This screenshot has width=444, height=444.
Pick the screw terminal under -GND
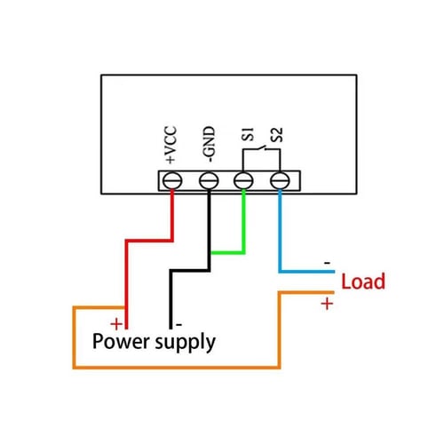(x=209, y=180)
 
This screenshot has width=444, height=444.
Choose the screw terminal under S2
(x=281, y=180)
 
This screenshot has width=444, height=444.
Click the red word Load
(x=363, y=282)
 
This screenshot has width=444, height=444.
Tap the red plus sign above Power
(x=115, y=323)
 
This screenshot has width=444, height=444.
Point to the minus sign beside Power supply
(x=178, y=323)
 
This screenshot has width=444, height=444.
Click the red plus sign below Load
(x=326, y=304)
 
